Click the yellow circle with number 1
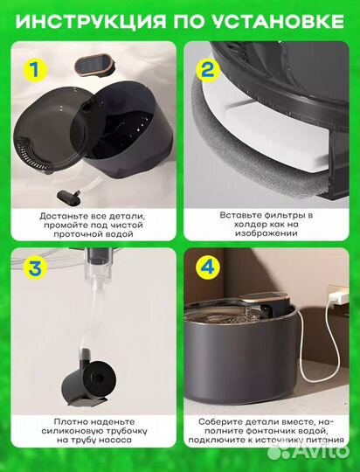point(36,70)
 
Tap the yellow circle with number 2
point(208,71)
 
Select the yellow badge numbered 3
point(36,268)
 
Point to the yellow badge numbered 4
point(208,267)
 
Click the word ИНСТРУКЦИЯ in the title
point(91,21)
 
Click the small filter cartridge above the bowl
point(95,65)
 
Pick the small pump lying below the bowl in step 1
point(69,198)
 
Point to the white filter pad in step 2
point(265,129)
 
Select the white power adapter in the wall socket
point(338,298)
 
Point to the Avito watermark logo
point(308,451)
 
